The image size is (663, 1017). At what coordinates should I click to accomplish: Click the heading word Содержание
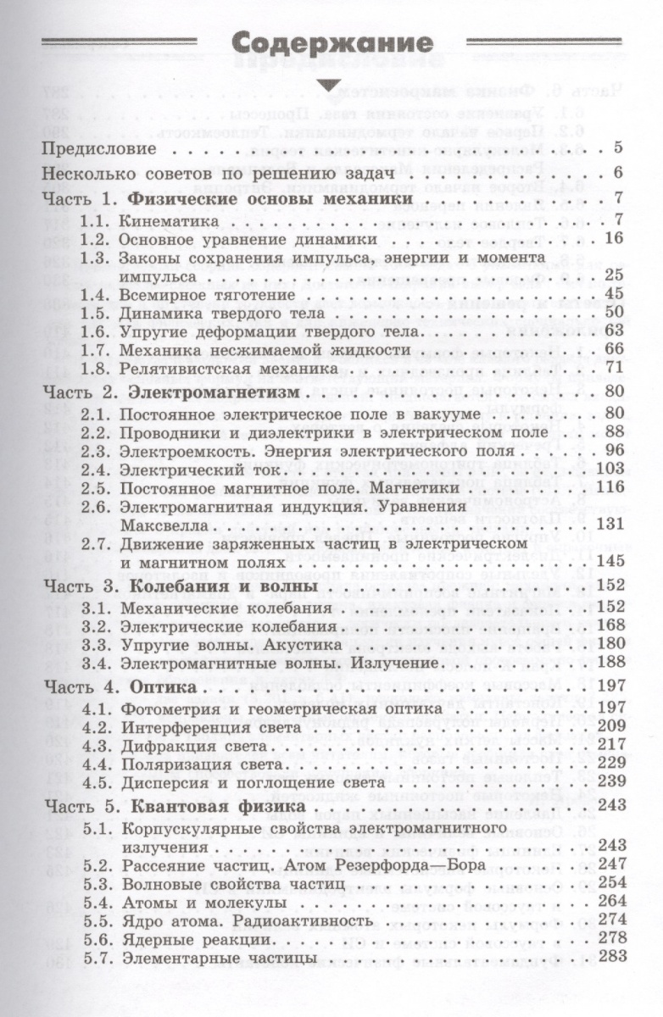tap(331, 44)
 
